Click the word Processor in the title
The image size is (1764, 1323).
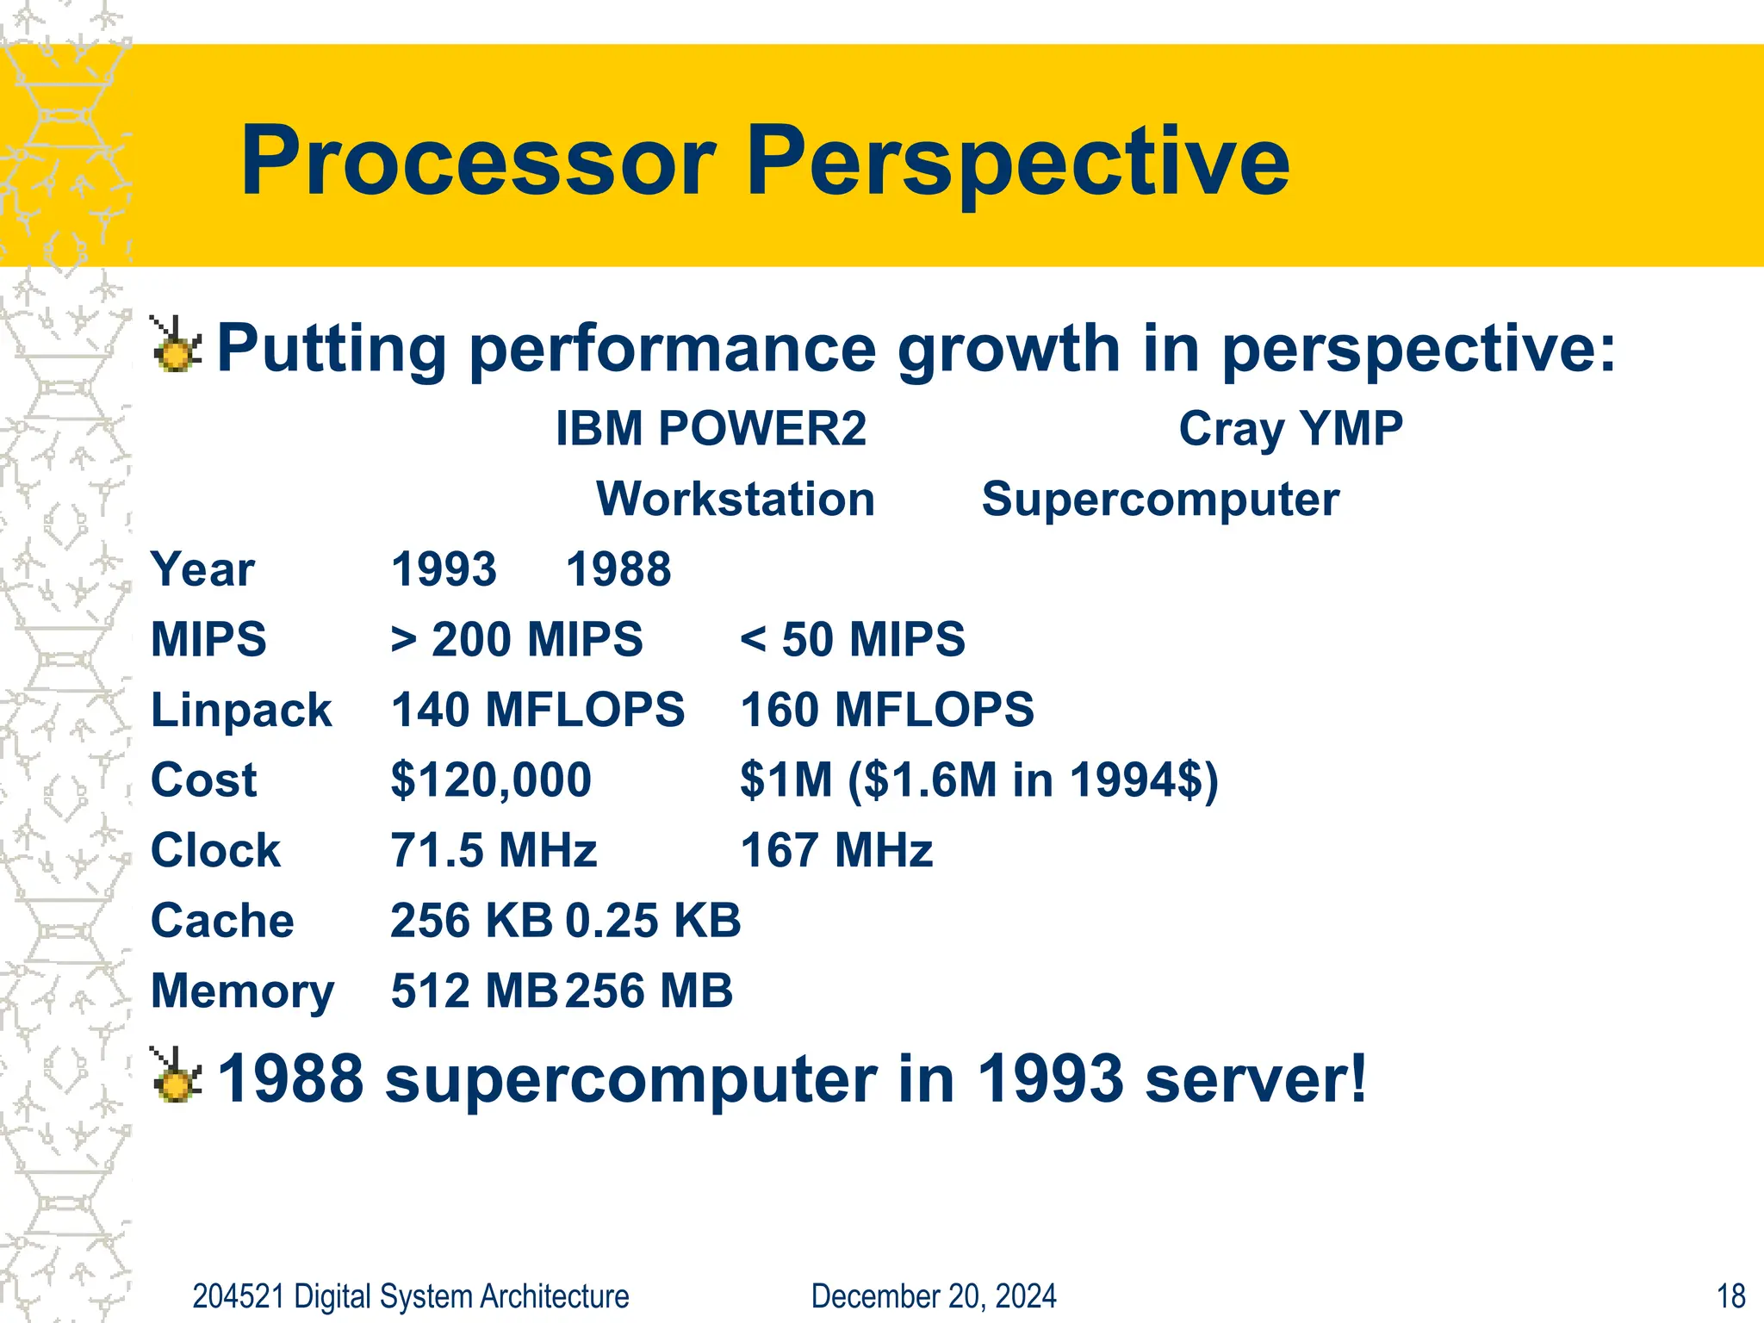click(x=478, y=161)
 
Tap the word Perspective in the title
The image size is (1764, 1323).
click(x=1016, y=161)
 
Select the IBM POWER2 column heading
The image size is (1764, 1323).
click(x=711, y=428)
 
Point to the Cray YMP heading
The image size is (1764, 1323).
click(x=1290, y=428)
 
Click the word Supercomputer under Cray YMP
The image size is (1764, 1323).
click(x=1160, y=499)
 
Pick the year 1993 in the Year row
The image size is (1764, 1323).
click(x=444, y=569)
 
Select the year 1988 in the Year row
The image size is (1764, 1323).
click(x=618, y=569)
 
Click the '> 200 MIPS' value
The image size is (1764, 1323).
click(x=516, y=639)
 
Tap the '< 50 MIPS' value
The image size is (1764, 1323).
click(x=852, y=639)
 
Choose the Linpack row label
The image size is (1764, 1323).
click(x=241, y=710)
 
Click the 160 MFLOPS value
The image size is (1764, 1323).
click(x=886, y=710)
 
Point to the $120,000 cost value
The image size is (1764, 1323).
click(x=491, y=780)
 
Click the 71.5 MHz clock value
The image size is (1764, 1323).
click(x=494, y=850)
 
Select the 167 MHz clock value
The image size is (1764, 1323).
click(x=836, y=850)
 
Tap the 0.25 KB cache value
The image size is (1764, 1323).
click(x=653, y=920)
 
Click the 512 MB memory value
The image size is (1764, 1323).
click(x=474, y=991)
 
